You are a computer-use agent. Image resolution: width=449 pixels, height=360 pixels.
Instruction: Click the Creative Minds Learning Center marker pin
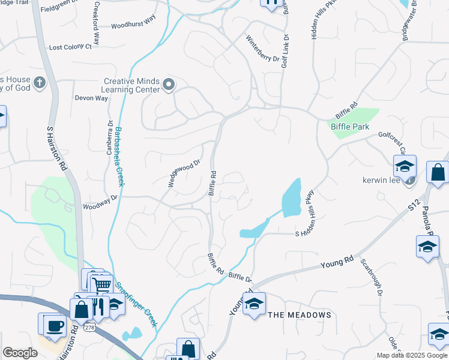[x=169, y=85]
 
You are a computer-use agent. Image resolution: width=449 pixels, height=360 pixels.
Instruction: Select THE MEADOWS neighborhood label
[x=299, y=315]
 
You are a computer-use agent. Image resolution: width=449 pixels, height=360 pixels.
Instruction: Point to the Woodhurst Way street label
[x=133, y=26]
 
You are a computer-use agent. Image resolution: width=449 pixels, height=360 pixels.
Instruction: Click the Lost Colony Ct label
[x=70, y=47]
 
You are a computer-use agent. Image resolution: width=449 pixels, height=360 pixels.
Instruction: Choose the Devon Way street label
[x=91, y=98]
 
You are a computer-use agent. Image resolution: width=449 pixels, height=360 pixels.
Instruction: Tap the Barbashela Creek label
[x=118, y=156]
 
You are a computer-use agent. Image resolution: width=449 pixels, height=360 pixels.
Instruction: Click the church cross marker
[x=40, y=83]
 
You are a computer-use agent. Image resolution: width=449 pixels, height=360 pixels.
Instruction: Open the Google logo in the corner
[x=20, y=353]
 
